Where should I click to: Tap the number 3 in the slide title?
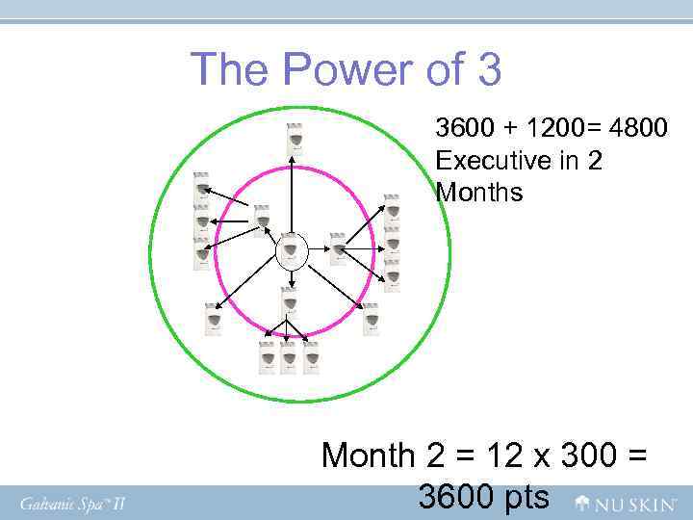pos(485,70)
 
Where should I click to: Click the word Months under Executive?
pos(478,192)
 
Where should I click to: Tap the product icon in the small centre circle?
pos(292,251)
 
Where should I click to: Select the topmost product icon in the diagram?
pos(295,141)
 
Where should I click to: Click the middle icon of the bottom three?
pos(289,357)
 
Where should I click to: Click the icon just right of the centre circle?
pos(338,249)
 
